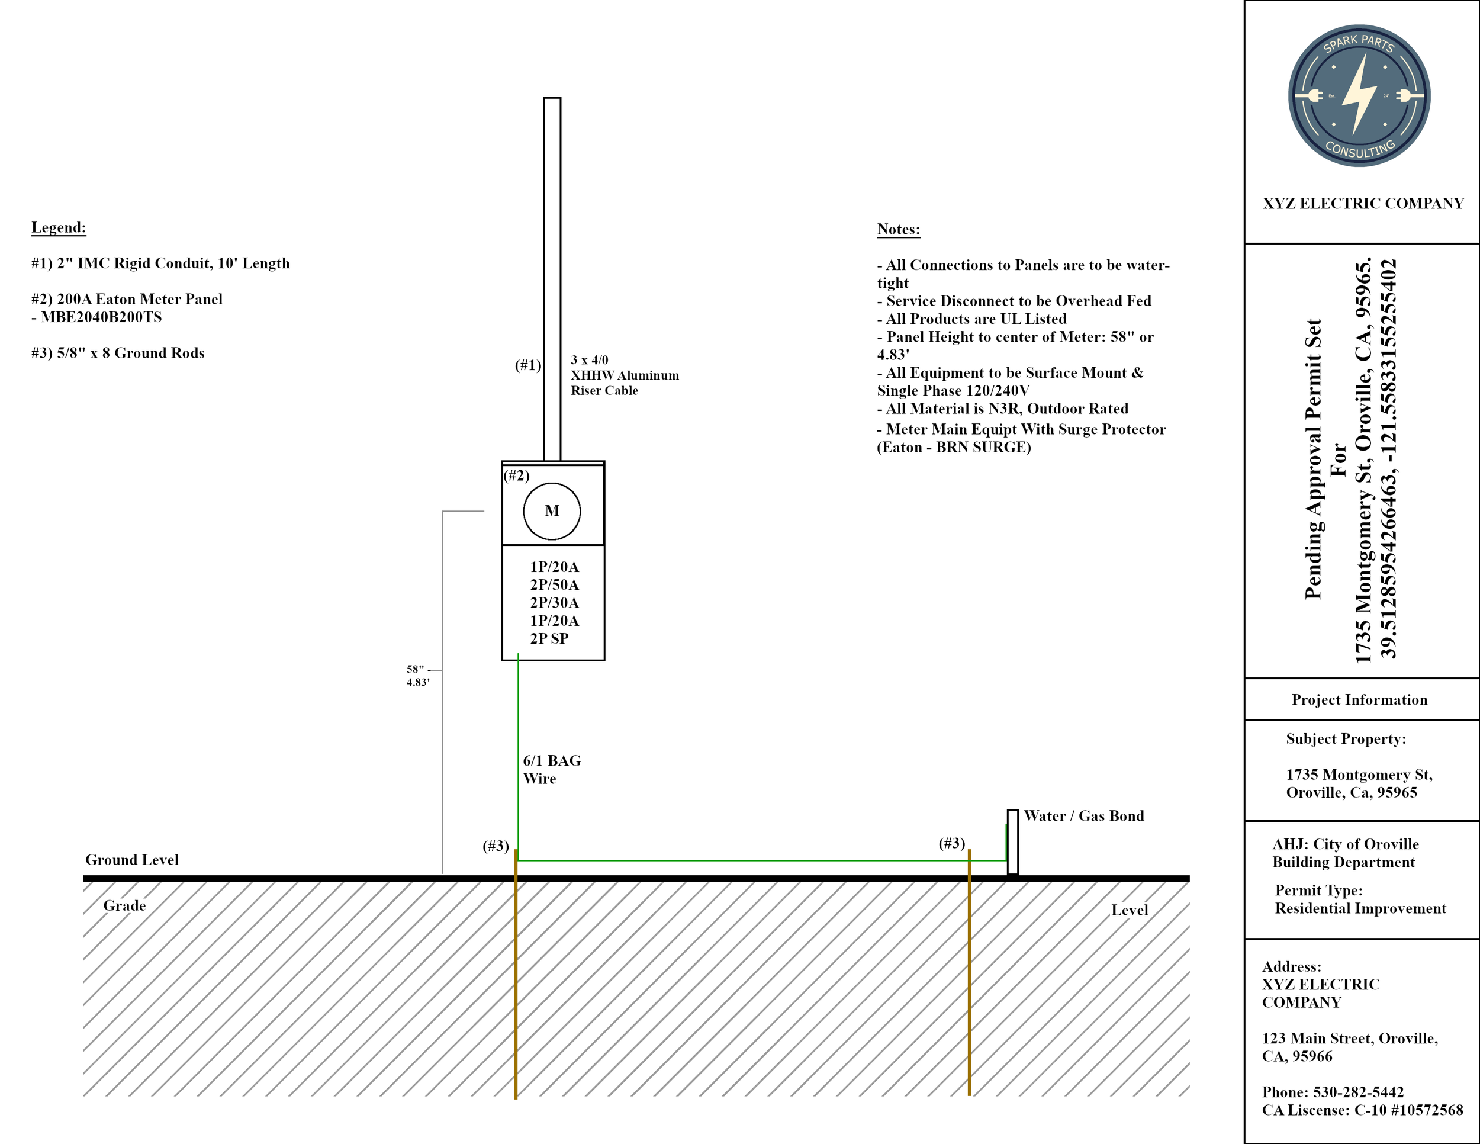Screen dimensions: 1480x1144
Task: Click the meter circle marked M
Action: pyautogui.click(x=552, y=511)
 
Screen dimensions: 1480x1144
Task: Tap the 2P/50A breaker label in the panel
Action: pyautogui.click(x=554, y=585)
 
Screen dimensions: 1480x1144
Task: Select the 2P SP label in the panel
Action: pyautogui.click(x=549, y=638)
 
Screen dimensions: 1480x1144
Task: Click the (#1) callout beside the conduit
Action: pyautogui.click(x=528, y=365)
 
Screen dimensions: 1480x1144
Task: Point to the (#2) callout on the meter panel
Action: pyautogui.click(x=516, y=475)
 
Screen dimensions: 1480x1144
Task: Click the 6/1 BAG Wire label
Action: pyautogui.click(x=552, y=769)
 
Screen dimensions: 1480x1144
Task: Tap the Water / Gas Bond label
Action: pyautogui.click(x=1083, y=816)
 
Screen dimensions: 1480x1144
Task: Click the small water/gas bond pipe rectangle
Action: pyautogui.click(x=1012, y=842)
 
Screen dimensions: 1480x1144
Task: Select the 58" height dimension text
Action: pyautogui.click(x=416, y=669)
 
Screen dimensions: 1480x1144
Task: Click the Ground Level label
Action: pyautogui.click(x=131, y=860)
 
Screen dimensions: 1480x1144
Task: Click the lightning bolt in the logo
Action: pyautogui.click(x=1359, y=95)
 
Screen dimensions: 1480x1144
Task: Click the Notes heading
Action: pyautogui.click(x=899, y=229)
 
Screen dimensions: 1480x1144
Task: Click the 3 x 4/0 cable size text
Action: pyautogui.click(x=590, y=360)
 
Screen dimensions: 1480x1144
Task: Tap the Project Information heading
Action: pyautogui.click(x=1359, y=699)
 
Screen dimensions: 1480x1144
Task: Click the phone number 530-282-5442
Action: pyautogui.click(x=1358, y=1092)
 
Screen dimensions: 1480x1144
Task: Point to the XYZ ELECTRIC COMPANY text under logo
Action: pyautogui.click(x=1363, y=203)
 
